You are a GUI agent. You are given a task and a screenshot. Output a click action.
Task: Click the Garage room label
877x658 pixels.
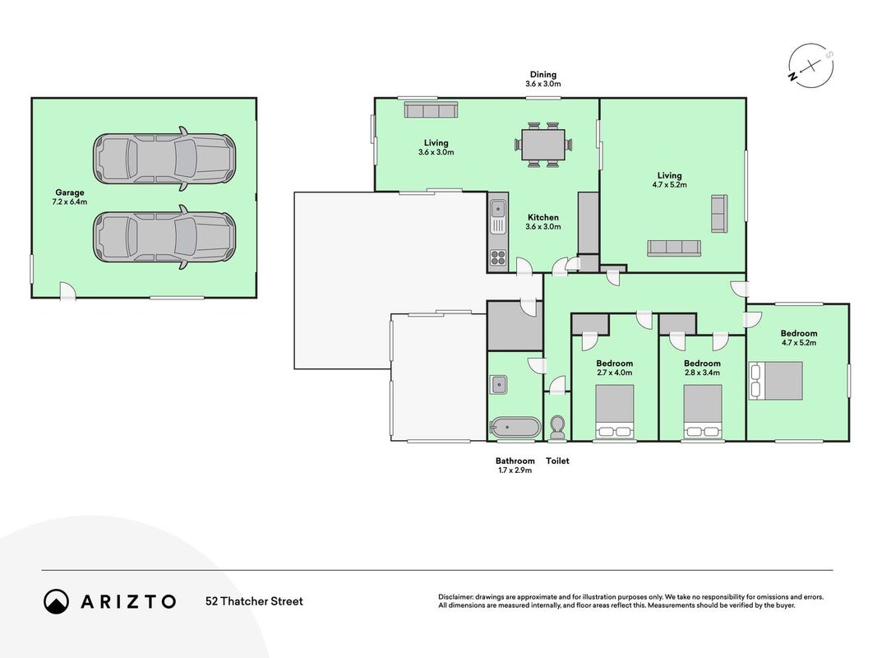(69, 192)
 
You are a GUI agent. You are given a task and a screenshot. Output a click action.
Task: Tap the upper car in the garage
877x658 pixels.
(164, 159)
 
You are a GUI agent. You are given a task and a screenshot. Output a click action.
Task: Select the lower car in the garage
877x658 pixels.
(164, 237)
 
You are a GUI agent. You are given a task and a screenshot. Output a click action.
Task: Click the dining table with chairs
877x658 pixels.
(543, 145)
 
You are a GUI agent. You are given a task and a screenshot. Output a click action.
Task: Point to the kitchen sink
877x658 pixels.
(498, 210)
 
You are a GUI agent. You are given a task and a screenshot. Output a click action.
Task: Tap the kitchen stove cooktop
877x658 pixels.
(498, 257)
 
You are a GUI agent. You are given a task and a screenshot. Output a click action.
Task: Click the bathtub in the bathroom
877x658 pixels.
(515, 428)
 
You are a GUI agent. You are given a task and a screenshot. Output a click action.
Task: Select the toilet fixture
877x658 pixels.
(557, 428)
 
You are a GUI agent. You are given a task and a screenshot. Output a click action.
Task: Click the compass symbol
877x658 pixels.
(811, 66)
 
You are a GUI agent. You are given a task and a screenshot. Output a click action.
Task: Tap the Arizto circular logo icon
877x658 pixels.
(56, 601)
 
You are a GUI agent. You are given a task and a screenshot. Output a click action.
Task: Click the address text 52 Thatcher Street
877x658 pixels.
(255, 601)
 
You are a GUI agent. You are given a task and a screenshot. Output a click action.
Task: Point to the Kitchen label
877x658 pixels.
(543, 217)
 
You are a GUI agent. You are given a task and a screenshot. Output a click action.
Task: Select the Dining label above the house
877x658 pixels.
(543, 74)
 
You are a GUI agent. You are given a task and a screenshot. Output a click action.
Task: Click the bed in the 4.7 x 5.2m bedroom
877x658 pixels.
(776, 381)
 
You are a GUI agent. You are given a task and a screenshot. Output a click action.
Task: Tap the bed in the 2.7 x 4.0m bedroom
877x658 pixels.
(615, 411)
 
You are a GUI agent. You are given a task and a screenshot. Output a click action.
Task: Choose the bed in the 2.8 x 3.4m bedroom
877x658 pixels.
(703, 411)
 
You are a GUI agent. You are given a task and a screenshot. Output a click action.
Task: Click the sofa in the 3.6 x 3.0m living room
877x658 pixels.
(432, 109)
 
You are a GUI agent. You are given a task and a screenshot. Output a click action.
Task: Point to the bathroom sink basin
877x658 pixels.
(498, 384)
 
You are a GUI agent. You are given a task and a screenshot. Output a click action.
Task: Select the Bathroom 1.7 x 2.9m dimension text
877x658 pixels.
(515, 470)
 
